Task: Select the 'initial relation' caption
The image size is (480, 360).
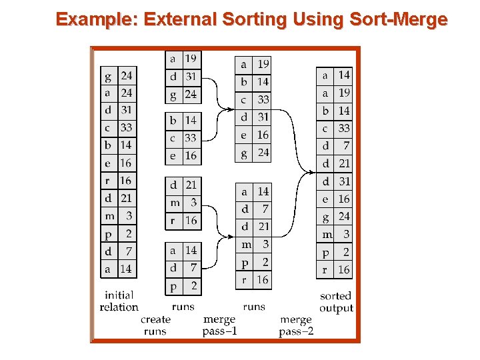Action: coord(119,301)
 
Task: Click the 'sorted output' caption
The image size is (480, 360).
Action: coord(336,301)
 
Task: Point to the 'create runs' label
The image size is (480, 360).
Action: coord(155,325)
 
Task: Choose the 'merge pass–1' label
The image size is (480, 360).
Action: coord(219,326)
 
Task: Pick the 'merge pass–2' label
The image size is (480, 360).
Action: coord(296,326)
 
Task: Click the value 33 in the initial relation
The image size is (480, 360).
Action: coord(126,127)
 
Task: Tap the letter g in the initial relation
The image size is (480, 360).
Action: coord(108,76)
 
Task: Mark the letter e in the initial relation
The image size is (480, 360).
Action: coord(108,163)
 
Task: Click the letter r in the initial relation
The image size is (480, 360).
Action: coord(108,181)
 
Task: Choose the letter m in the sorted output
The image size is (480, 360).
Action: coord(327,234)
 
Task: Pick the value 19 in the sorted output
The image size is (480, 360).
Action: coord(343,93)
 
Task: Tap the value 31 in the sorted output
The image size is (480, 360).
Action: coord(343,181)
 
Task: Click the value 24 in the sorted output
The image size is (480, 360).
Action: coord(343,217)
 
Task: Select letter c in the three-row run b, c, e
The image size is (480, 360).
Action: coord(173,138)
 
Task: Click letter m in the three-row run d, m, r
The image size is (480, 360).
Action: coord(174,203)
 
